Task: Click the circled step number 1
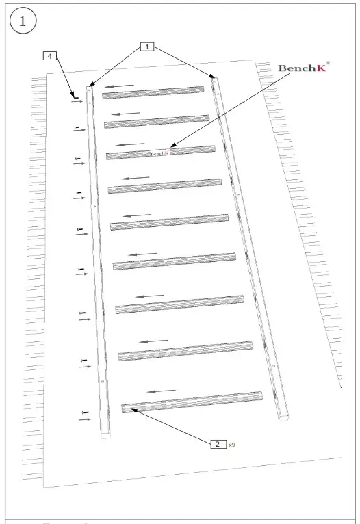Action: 22,21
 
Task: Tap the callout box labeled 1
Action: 148,47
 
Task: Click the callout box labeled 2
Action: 217,444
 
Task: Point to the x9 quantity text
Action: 233,445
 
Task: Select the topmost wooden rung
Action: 153,92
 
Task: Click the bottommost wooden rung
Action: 192,402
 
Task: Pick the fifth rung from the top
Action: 169,222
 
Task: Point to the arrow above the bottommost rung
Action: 162,391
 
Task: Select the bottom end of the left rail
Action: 105,433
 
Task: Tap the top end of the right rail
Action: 215,79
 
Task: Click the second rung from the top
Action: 157,121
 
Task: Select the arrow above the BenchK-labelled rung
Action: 129,144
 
